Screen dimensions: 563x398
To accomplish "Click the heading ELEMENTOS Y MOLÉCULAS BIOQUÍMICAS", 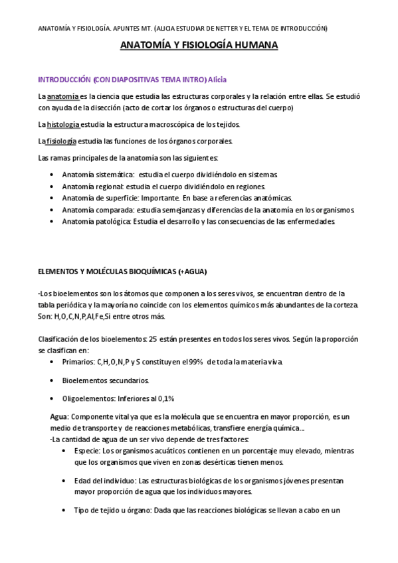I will pyautogui.click(x=106, y=272).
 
